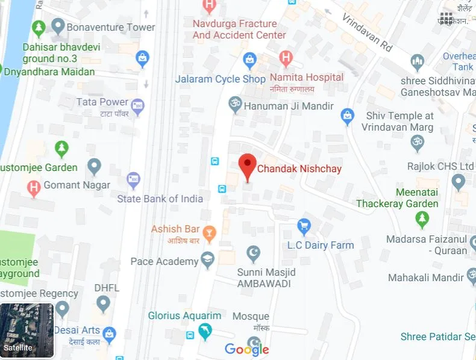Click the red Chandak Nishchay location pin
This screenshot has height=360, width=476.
click(248, 166)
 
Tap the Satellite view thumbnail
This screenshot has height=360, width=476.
click(27, 331)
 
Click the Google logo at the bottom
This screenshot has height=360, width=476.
click(247, 349)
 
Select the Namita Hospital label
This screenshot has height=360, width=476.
click(306, 78)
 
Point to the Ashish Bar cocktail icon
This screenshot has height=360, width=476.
click(209, 232)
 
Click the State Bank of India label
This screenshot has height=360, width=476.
click(160, 199)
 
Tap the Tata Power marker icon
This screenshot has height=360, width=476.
click(138, 105)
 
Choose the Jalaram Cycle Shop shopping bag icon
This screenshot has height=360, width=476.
click(249, 60)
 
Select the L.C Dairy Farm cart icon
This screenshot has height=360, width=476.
click(304, 226)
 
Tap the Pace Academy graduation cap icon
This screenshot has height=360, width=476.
click(208, 260)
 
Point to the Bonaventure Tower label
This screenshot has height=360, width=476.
click(111, 27)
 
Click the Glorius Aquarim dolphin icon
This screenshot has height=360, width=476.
click(205, 331)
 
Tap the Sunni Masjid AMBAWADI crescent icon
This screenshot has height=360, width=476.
click(254, 253)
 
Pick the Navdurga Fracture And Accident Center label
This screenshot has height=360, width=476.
click(239, 29)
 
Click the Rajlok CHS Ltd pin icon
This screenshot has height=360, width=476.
click(459, 181)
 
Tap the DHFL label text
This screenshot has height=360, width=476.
click(107, 288)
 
